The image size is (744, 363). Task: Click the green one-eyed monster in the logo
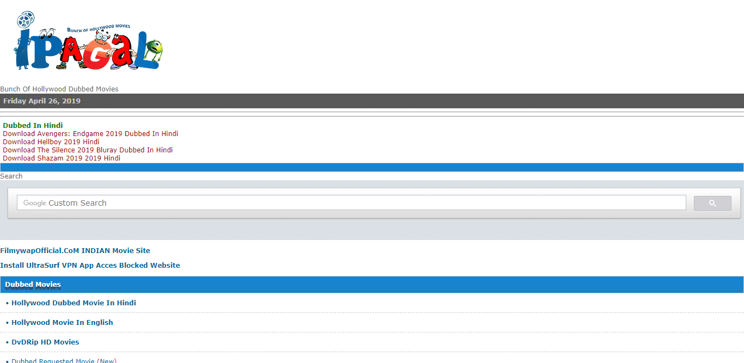tap(154, 49)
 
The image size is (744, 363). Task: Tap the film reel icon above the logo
tap(26, 19)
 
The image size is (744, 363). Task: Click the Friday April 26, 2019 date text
tap(42, 101)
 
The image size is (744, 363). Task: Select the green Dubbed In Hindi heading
tap(33, 125)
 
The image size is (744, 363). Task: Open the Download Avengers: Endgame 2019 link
tap(90, 134)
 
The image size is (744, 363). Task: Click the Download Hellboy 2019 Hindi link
tap(51, 141)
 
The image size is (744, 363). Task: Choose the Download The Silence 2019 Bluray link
tap(88, 150)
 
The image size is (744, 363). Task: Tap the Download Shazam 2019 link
tap(62, 158)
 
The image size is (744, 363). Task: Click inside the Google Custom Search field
tap(351, 203)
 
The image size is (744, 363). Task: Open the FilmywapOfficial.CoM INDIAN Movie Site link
tap(75, 250)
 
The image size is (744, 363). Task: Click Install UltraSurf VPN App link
tap(90, 265)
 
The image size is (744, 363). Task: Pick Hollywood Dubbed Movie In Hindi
tap(74, 303)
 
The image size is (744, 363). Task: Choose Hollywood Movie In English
tap(62, 322)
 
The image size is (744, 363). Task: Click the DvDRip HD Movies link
tap(45, 342)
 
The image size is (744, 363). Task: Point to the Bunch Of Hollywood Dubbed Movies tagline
tap(59, 89)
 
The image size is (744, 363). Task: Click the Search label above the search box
tap(11, 176)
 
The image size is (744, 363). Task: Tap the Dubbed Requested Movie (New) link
tap(64, 360)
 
